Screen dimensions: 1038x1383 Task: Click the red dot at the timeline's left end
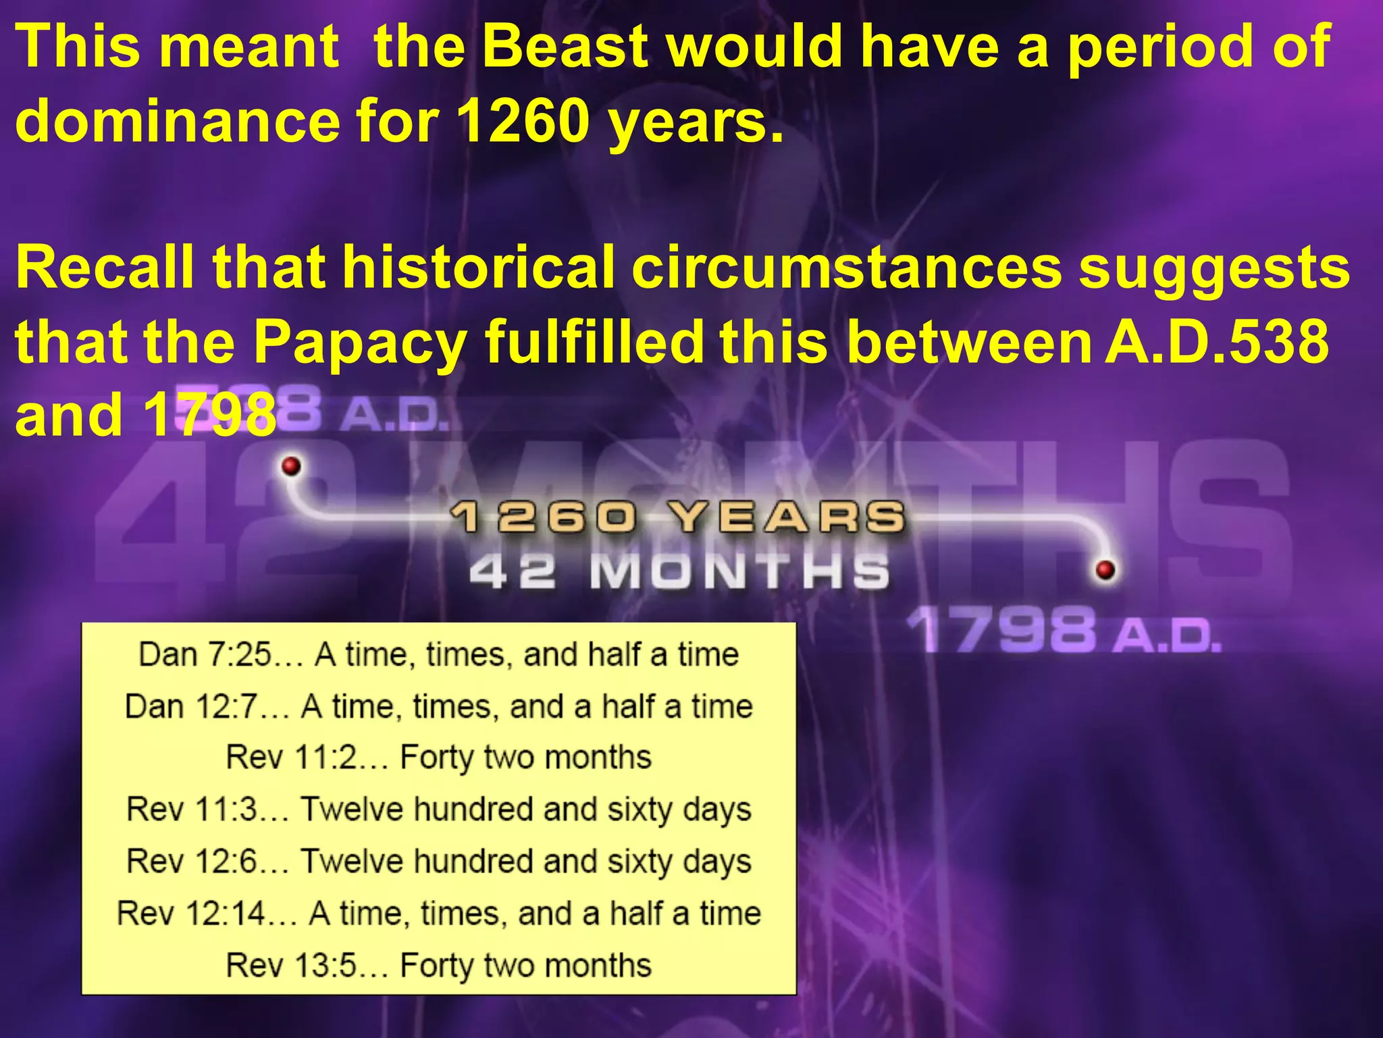tap(291, 466)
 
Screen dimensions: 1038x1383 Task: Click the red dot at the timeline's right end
tap(1105, 570)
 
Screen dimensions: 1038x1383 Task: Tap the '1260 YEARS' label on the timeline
tap(677, 518)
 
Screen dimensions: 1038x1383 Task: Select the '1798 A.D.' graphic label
tap(1063, 631)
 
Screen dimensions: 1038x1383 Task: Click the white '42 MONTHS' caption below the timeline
tap(679, 572)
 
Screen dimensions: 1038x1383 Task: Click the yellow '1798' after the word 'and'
tap(209, 416)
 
